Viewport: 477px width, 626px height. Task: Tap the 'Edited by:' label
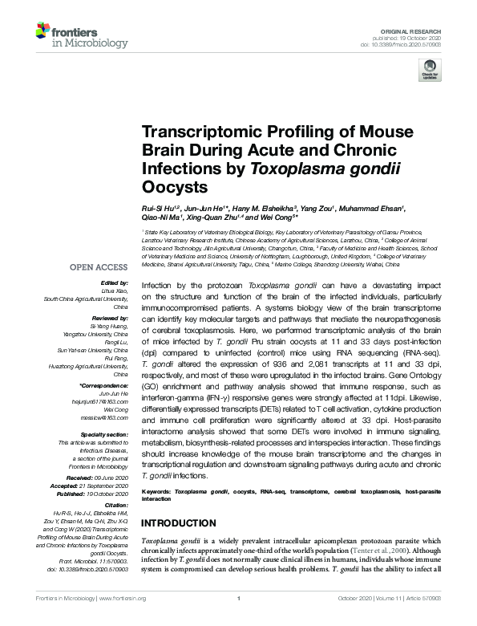click(x=115, y=284)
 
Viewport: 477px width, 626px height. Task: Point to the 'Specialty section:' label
click(x=103, y=433)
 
